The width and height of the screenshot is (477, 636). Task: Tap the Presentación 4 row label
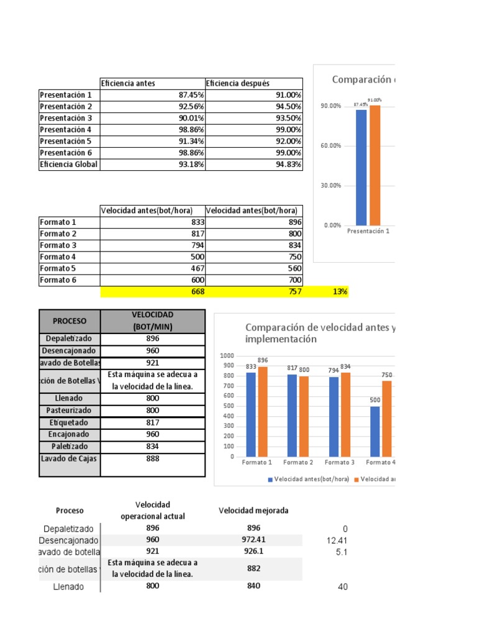pyautogui.click(x=65, y=130)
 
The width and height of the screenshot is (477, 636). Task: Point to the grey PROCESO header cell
pyautogui.click(x=70, y=321)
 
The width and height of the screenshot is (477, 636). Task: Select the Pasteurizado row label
pyautogui.click(x=70, y=411)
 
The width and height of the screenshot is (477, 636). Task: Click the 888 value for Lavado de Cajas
pyautogui.click(x=153, y=458)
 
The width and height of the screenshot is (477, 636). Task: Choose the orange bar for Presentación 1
pyautogui.click(x=375, y=165)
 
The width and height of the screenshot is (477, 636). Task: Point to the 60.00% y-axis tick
pyautogui.click(x=331, y=146)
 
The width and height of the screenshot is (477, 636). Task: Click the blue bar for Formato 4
pyautogui.click(x=375, y=431)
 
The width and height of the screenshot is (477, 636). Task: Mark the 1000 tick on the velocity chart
pyautogui.click(x=227, y=355)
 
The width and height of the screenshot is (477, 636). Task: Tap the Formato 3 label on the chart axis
pyautogui.click(x=338, y=462)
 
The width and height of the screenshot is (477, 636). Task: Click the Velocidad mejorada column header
pyautogui.click(x=253, y=511)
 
